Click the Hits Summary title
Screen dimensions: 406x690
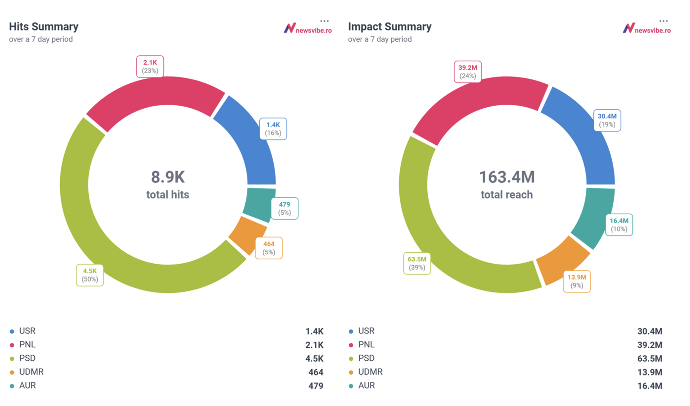tap(44, 27)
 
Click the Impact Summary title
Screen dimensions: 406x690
tap(389, 27)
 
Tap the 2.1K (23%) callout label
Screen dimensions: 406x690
tap(150, 66)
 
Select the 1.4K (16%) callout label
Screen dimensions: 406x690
tap(273, 129)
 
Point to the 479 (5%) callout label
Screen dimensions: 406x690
tap(284, 208)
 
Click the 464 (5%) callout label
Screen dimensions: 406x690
tap(269, 248)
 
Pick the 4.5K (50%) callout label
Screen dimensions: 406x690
tap(90, 275)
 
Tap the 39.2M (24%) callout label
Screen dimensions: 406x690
tap(468, 72)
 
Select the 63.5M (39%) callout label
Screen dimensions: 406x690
tap(417, 263)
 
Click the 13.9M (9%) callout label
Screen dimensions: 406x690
tap(577, 281)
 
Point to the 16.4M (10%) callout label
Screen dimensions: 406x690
tap(619, 225)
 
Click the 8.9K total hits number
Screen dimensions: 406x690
tap(168, 177)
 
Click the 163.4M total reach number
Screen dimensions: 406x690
tap(507, 177)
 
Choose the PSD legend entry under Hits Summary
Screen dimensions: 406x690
tap(27, 358)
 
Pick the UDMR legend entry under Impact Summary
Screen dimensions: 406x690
tap(370, 372)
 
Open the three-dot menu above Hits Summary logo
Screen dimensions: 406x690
tap(324, 21)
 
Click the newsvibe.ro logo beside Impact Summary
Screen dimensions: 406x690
tap(647, 28)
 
